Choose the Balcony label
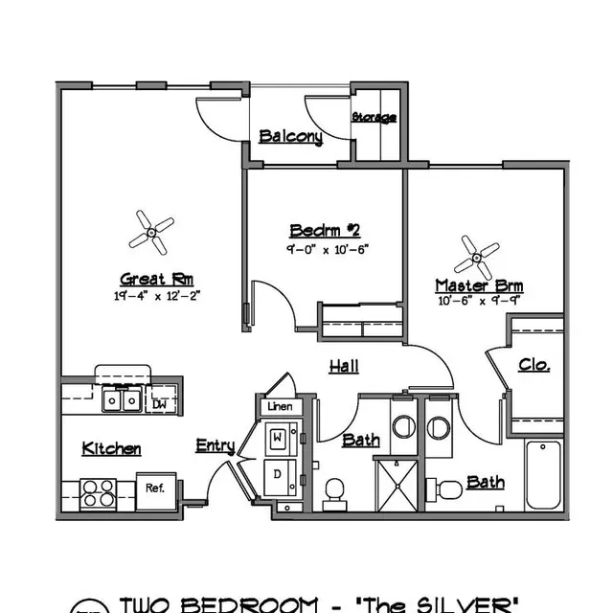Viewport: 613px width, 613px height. pos(290,137)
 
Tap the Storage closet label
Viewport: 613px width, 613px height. pos(374,118)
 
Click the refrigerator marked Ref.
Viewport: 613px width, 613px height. pos(154,488)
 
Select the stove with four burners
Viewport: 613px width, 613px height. pos(98,493)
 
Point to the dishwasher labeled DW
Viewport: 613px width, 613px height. pos(159,404)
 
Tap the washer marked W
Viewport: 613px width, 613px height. pos(279,438)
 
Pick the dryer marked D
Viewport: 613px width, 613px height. pos(279,474)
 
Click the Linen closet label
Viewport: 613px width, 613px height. pos(280,406)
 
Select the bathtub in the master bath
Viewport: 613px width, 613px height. pos(542,475)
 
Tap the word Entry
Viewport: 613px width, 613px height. pos(215,445)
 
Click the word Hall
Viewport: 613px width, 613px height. pos(345,366)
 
